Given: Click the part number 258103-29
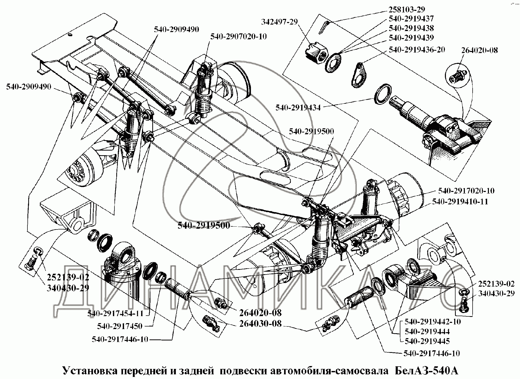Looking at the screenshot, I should (x=407, y=10).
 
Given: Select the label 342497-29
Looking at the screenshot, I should (x=276, y=21).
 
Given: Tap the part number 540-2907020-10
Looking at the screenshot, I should (x=238, y=36).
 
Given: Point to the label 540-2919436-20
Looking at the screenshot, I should (x=417, y=50).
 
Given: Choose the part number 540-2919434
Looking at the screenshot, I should (x=298, y=108).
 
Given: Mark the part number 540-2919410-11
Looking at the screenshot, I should (x=460, y=202).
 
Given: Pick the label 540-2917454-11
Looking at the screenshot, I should (x=115, y=314).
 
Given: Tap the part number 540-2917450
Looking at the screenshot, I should (x=120, y=326).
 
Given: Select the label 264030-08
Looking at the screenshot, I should (x=260, y=324).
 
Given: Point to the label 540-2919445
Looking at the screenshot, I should (x=427, y=341).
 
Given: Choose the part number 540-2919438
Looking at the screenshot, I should (x=411, y=28).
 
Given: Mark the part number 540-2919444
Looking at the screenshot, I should (x=427, y=331).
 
